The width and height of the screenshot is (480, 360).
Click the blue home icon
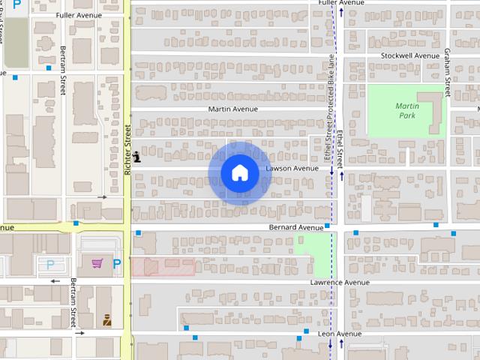(239, 172)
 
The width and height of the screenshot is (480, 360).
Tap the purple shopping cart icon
(97, 263)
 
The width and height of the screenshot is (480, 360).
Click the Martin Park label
(407, 112)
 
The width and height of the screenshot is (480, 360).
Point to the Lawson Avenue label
(292, 169)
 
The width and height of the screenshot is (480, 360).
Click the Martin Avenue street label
(232, 109)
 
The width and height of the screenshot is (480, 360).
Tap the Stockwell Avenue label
(409, 55)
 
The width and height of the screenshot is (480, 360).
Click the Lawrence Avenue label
(340, 283)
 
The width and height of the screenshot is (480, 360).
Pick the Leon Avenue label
(340, 334)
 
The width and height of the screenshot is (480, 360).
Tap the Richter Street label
(128, 150)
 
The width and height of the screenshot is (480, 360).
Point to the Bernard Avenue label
(295, 227)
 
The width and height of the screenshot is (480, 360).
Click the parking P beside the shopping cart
(116, 263)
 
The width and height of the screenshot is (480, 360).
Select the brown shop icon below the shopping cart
(107, 319)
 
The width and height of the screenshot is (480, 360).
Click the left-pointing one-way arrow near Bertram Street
(55, 282)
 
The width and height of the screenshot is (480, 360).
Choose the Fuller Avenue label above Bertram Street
(78, 15)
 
